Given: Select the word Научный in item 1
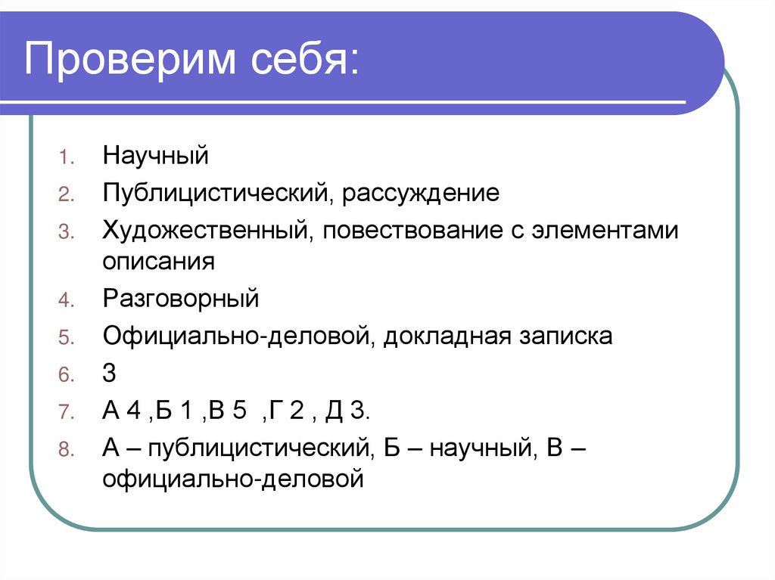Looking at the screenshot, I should pyautogui.click(x=156, y=158).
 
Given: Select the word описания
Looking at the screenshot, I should pyautogui.click(x=160, y=262).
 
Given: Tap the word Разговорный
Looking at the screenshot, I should pyautogui.click(x=181, y=299).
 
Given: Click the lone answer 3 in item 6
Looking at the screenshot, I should pyautogui.click(x=110, y=374).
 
